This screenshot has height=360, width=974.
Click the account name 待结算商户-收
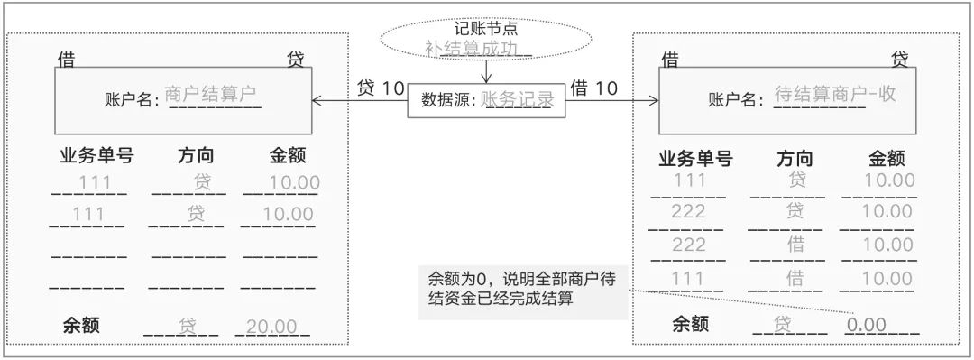pyautogui.click(x=835, y=94)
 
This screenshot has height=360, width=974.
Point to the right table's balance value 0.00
pyautogui.click(x=866, y=325)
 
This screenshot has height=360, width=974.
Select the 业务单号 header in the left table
pyautogui.click(x=96, y=155)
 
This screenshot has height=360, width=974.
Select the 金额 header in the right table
pyautogui.click(x=887, y=159)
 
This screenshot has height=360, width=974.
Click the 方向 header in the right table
pyautogui.click(x=795, y=159)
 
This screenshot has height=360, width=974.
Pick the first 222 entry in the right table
pyautogui.click(x=689, y=212)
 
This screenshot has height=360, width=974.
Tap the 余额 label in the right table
pyautogui.click(x=691, y=325)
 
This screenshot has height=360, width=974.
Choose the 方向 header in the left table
pyautogui.click(x=196, y=155)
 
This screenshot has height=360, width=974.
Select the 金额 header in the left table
pyautogui.click(x=288, y=155)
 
